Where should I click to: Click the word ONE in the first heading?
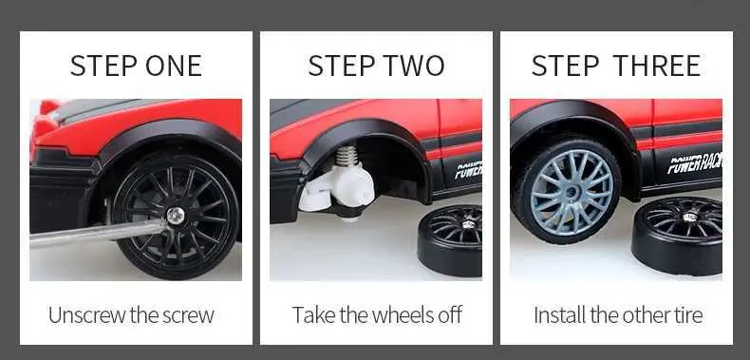pyautogui.click(x=174, y=66)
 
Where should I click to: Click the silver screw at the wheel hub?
pyautogui.click(x=176, y=216)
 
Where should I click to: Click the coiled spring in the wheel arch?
pyautogui.click(x=347, y=157)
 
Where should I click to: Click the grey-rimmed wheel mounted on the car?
pyautogui.click(x=567, y=190)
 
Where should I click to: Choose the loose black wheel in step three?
pyautogui.click(x=677, y=235)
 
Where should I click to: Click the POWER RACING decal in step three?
pyautogui.click(x=695, y=162)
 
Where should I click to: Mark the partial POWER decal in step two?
pyautogui.click(x=468, y=170)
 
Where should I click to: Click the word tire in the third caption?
pyautogui.click(x=688, y=315)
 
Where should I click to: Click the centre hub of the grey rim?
pyautogui.click(x=572, y=192)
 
